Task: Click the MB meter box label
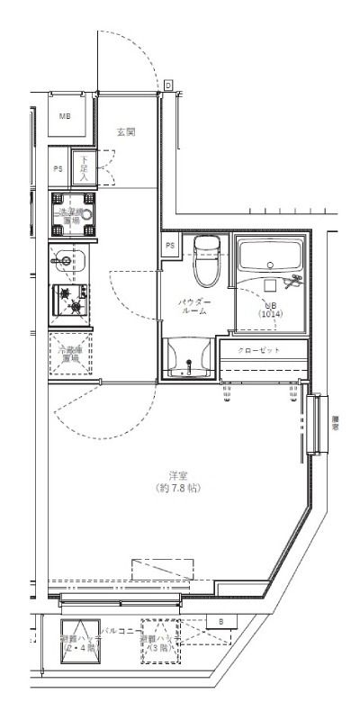pos(66,117)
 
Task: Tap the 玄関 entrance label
pos(126,132)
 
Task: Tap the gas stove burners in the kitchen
pos(69,301)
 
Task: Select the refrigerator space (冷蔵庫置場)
pos(69,354)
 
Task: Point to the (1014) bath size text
pos(271,313)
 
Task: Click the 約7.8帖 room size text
pos(176,487)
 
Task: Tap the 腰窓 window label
pos(335,423)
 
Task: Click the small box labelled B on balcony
pos(220,622)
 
